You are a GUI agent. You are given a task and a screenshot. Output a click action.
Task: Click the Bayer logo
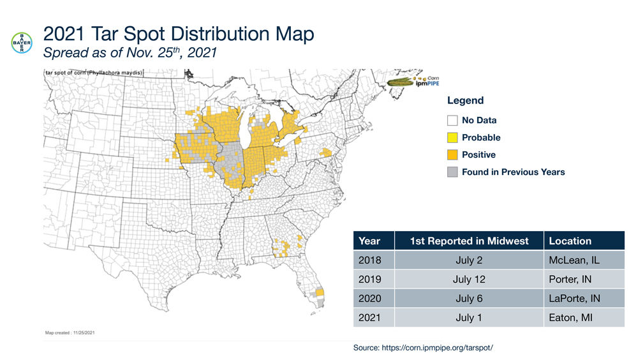click(x=22, y=42)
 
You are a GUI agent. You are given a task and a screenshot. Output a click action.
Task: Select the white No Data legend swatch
click(x=452, y=120)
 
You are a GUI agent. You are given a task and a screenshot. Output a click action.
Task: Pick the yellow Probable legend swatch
click(x=452, y=137)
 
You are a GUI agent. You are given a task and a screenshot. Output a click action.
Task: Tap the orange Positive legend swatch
click(x=452, y=154)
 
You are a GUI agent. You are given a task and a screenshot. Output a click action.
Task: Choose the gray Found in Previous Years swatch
click(x=452, y=172)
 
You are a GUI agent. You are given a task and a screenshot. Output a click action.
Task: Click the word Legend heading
click(x=465, y=100)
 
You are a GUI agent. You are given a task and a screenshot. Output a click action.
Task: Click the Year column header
click(x=369, y=241)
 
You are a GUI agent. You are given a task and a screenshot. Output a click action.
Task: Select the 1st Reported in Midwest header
click(x=470, y=241)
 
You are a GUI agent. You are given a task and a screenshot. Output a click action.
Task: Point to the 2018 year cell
click(x=369, y=260)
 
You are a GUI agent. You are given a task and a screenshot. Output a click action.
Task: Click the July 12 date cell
click(x=470, y=280)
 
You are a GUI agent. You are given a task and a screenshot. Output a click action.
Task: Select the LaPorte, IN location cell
click(x=574, y=299)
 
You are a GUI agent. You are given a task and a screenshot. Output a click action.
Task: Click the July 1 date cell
click(x=470, y=318)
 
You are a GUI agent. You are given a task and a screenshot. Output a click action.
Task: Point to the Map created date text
click(x=70, y=333)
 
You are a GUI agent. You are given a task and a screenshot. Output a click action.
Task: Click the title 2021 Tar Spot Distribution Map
click(x=179, y=34)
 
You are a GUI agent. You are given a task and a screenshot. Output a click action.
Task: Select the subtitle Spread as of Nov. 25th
click(x=130, y=54)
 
